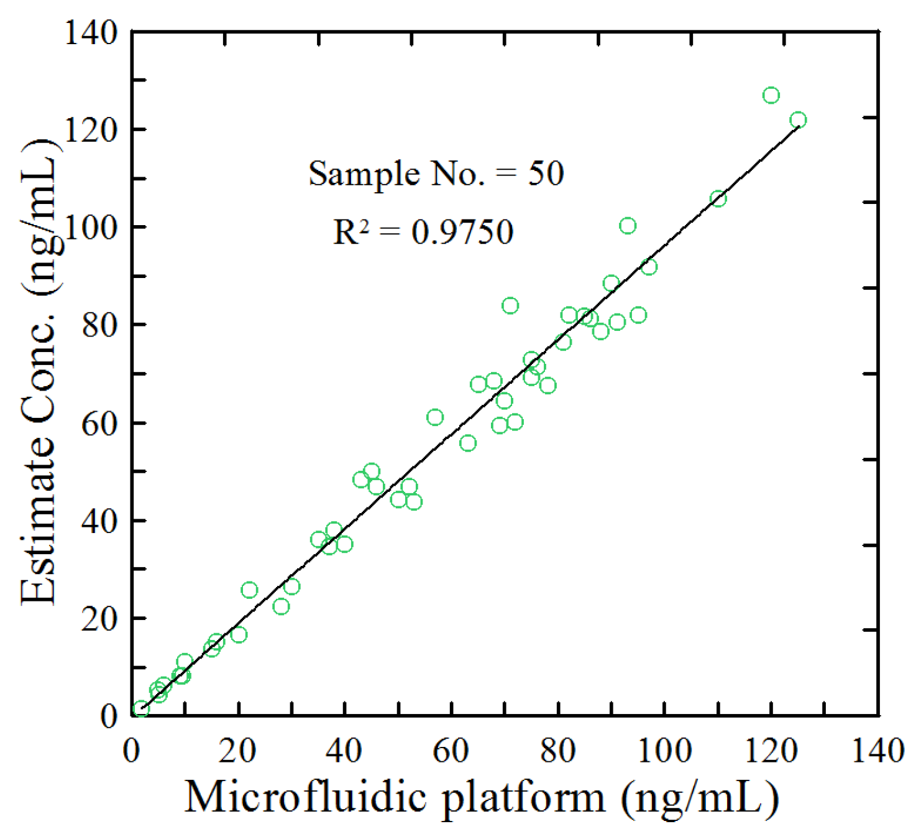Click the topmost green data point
tap(771, 95)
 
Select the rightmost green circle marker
tap(798, 120)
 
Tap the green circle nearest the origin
tap(141, 708)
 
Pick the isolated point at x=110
tap(718, 199)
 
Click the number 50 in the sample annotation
tap(546, 174)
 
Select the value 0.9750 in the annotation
tap(462, 233)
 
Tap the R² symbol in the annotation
tap(351, 233)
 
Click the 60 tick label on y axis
tap(99, 424)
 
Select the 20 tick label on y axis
tap(99, 619)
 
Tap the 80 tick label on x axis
tap(557, 751)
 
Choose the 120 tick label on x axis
tap(771, 751)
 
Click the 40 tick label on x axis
tap(345, 751)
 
